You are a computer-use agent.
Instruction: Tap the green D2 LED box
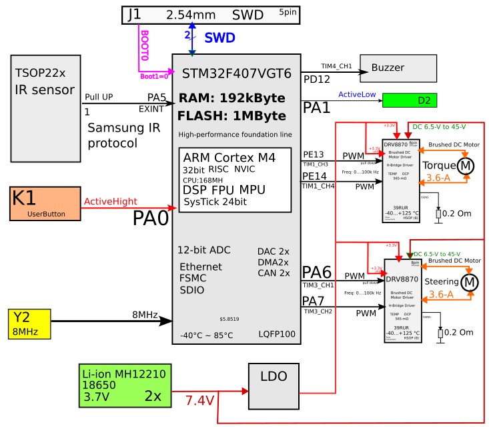pyautogui.click(x=410, y=101)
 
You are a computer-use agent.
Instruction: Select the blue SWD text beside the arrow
pyautogui.click(x=219, y=38)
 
